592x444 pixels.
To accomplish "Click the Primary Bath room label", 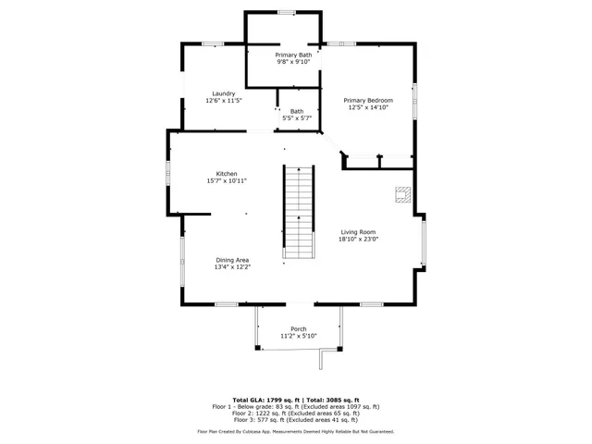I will click(292, 55).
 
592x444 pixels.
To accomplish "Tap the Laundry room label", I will click(222, 93).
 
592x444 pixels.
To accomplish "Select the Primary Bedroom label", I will click(368, 100).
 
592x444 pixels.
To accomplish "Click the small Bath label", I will click(296, 111).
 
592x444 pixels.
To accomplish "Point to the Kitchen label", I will click(227, 174).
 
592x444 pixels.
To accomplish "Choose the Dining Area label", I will click(233, 260).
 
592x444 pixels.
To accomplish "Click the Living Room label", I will click(358, 232).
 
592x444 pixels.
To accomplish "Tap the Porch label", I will click(299, 329).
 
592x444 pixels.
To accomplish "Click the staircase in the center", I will click(298, 212).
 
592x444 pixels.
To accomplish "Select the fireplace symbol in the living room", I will click(401, 194).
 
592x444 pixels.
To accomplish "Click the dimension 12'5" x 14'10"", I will click(368, 107).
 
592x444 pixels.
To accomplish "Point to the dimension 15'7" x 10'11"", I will click(227, 181).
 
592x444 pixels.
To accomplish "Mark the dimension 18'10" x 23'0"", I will click(358, 240).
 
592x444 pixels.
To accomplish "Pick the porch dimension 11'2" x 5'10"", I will click(299, 336).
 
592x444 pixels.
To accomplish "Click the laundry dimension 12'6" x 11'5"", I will click(222, 100).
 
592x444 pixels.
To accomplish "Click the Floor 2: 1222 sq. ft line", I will click(296, 413).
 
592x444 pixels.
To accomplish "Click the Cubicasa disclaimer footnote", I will click(296, 431).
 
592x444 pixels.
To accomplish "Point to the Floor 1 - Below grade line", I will click(296, 406).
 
